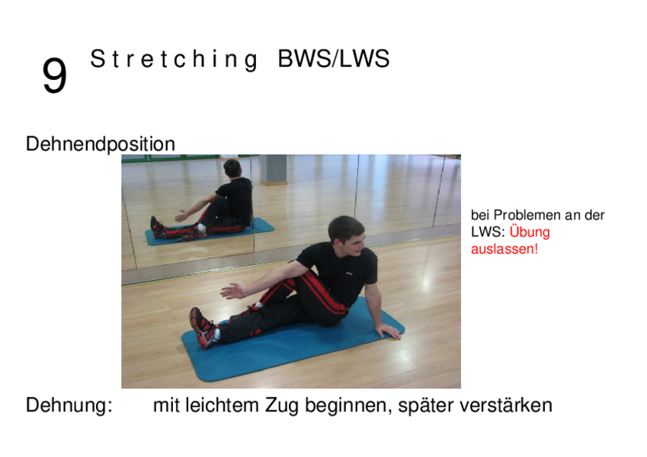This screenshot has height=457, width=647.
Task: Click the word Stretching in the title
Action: click(x=174, y=59)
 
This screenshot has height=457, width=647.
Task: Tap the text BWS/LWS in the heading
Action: click(x=333, y=59)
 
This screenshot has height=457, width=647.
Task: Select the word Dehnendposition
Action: click(x=101, y=145)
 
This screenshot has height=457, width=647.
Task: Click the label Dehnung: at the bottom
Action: click(x=69, y=405)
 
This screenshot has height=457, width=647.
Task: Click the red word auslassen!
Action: click(x=504, y=249)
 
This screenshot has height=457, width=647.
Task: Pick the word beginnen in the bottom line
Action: click(x=348, y=406)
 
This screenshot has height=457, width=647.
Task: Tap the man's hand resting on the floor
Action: click(x=388, y=331)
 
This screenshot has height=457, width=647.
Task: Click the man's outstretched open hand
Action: click(x=233, y=290)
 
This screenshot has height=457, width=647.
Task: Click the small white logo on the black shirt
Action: click(x=349, y=273)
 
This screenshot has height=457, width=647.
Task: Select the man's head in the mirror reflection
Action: click(x=232, y=168)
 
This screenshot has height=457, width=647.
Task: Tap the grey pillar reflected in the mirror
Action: click(x=274, y=170)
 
